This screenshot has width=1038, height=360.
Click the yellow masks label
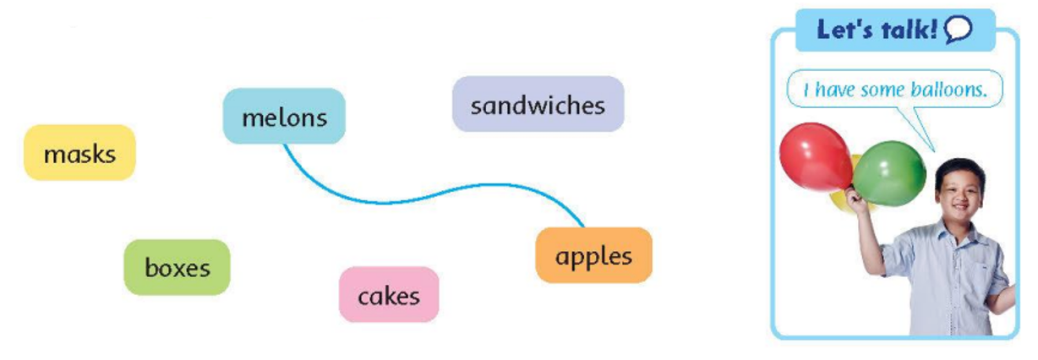79,153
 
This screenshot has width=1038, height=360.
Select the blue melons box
284,116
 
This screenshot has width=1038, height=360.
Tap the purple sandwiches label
538,105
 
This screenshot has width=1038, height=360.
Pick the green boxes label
177,267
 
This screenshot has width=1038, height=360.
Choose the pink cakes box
389,295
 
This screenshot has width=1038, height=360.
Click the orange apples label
593,254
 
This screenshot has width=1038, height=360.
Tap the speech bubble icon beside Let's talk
959,31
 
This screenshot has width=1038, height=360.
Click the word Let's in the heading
847,30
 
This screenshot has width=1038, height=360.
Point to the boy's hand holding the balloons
856,199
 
